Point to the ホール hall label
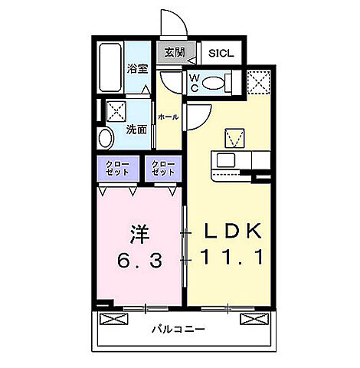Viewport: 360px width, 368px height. (169, 117)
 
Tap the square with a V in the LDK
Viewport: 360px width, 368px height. (233, 139)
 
